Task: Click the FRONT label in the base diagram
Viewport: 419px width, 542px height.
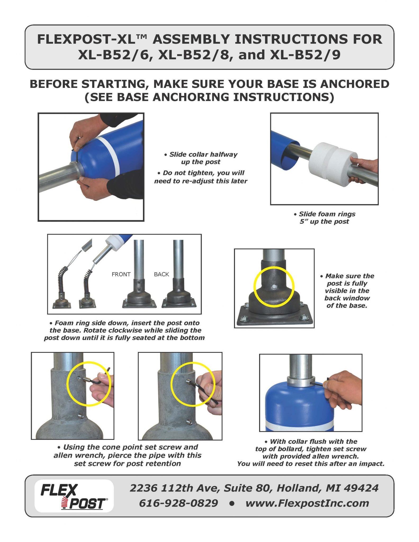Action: (x=121, y=274)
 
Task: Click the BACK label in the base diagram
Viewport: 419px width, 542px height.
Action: (x=161, y=274)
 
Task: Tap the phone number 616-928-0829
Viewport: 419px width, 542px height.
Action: (x=178, y=503)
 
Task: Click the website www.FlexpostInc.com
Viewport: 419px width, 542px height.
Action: (x=307, y=503)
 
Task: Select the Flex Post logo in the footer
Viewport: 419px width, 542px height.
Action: (x=74, y=496)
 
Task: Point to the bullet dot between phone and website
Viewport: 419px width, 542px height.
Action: (x=232, y=503)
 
